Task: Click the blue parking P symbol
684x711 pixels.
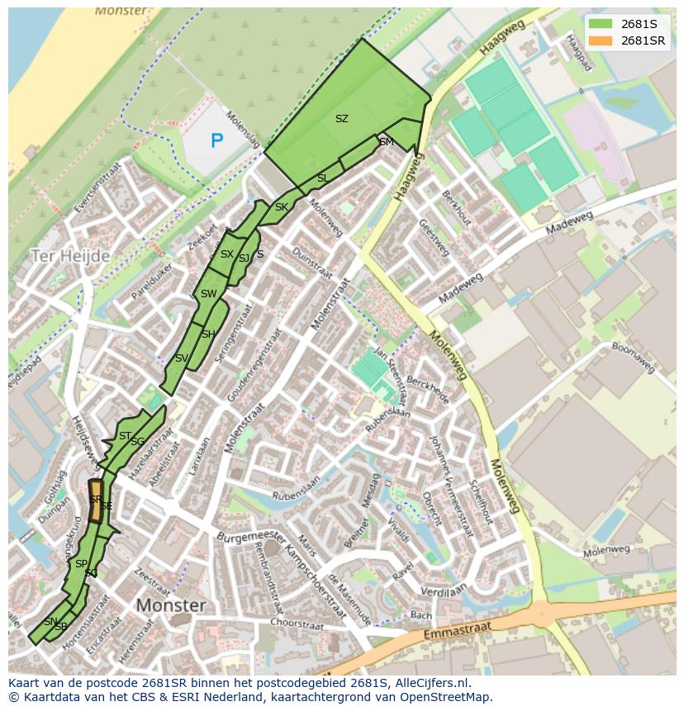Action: pyautogui.click(x=216, y=141)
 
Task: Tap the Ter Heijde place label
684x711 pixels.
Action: pyautogui.click(x=70, y=256)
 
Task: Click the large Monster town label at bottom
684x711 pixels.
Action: pyautogui.click(x=170, y=605)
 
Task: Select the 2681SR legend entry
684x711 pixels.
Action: pyautogui.click(x=643, y=40)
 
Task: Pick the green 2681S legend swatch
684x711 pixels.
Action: pyautogui.click(x=601, y=23)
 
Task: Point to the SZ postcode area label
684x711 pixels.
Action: pyautogui.click(x=341, y=119)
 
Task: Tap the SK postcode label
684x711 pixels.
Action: pyautogui.click(x=282, y=207)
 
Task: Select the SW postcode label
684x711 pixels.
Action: pyautogui.click(x=208, y=294)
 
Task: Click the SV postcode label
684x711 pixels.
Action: pyautogui.click(x=182, y=358)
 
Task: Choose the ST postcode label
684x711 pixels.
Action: pyautogui.click(x=125, y=436)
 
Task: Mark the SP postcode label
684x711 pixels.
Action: pyautogui.click(x=81, y=564)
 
